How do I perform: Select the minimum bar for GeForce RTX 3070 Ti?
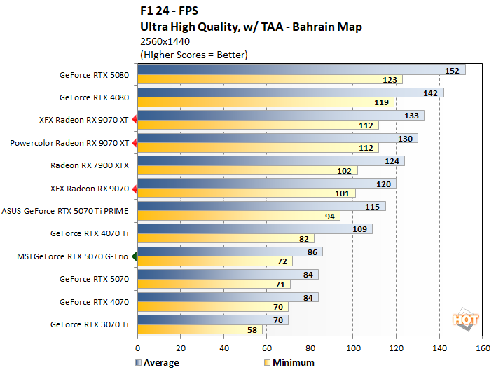click(200, 329)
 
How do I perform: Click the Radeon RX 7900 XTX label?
click(90, 166)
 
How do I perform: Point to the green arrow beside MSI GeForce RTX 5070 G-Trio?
click(135, 256)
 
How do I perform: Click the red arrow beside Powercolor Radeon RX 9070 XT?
click(135, 143)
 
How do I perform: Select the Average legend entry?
click(157, 362)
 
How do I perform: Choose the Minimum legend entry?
click(290, 362)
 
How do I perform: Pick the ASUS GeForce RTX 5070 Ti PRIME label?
click(65, 211)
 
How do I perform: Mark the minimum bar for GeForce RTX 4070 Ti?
click(226, 238)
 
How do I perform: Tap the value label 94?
click(330, 216)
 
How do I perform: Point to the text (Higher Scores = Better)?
click(194, 55)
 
